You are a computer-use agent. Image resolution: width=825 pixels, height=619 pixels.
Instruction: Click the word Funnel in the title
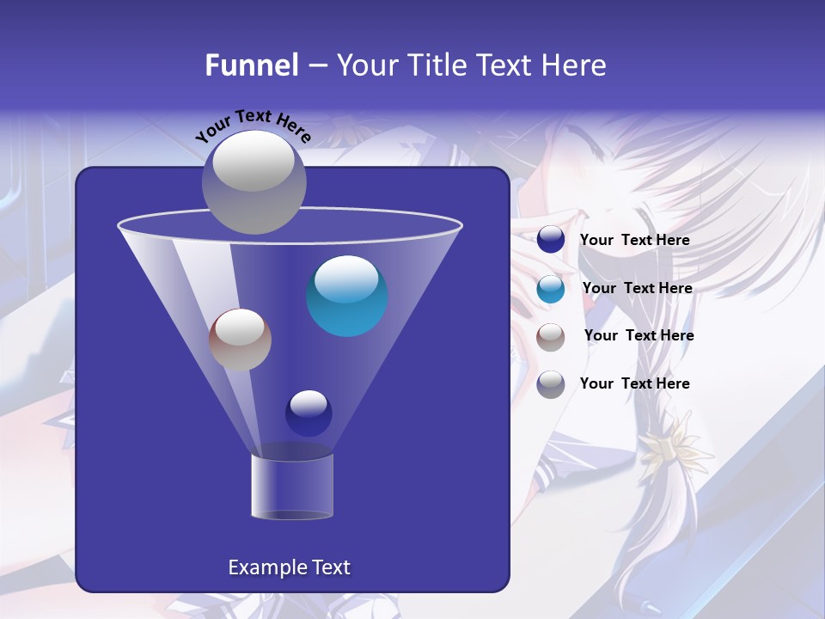click(x=251, y=65)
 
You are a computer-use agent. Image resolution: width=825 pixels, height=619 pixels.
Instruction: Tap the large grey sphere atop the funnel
click(x=254, y=181)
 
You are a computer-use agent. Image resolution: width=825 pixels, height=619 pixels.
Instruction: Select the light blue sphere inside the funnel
click(x=347, y=296)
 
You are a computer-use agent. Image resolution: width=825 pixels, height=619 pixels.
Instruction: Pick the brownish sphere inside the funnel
click(x=240, y=340)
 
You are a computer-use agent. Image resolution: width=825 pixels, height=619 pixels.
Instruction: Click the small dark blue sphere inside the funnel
click(x=309, y=413)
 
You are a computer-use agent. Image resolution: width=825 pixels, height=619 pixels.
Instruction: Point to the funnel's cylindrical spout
click(x=292, y=487)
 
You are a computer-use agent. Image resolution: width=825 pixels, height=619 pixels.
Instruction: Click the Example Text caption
click(x=289, y=567)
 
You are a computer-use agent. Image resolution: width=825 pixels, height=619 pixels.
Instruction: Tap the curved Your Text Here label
click(x=253, y=125)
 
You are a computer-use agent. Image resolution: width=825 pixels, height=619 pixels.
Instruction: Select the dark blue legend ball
click(x=551, y=240)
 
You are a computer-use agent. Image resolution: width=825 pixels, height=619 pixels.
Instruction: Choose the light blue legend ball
click(x=551, y=289)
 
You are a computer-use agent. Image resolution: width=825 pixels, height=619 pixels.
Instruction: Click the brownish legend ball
click(x=551, y=337)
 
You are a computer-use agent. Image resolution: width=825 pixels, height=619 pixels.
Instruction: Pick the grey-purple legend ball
click(x=551, y=384)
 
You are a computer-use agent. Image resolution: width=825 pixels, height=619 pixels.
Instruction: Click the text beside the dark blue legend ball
click(x=634, y=241)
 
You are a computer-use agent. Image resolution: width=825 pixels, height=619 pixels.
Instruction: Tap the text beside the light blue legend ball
click(x=637, y=289)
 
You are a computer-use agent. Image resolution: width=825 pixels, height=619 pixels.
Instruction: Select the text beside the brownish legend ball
click(x=639, y=336)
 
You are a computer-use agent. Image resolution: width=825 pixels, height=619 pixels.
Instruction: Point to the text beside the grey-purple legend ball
click(x=634, y=383)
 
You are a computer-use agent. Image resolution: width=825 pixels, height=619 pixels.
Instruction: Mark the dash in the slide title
click(x=316, y=66)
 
